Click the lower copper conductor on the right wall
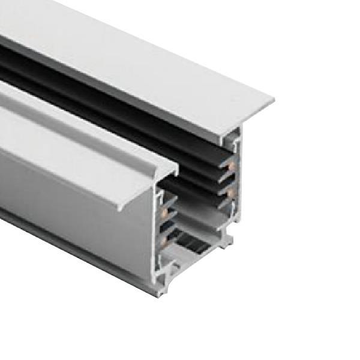(230, 192)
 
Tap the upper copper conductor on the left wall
(164, 212)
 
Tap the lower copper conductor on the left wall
(163, 241)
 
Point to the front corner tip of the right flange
(273, 99)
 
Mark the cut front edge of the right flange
(252, 114)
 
